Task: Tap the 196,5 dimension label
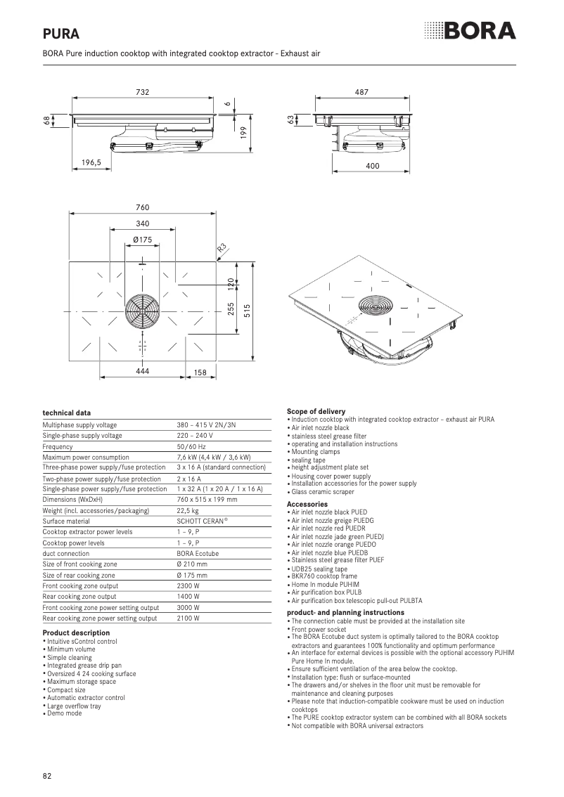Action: tap(91, 162)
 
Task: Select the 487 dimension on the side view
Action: tap(362, 92)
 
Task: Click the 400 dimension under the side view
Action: tap(373, 166)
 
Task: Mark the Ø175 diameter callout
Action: tap(143, 240)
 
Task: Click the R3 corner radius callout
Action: tap(221, 248)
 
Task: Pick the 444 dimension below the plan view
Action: tap(143, 371)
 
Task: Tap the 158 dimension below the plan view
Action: tap(200, 372)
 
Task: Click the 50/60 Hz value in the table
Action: tap(191, 446)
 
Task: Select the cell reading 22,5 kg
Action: tap(188, 510)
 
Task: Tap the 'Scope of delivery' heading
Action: tap(316, 411)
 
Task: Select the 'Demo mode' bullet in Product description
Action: tap(64, 713)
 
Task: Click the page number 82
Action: tap(47, 776)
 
